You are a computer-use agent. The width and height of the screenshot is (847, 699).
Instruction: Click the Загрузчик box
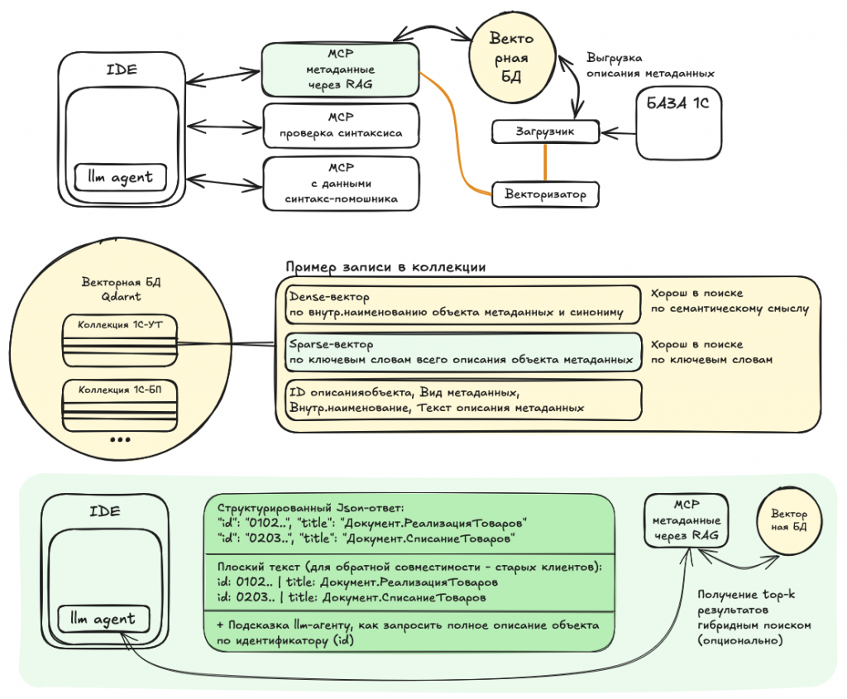(x=546, y=132)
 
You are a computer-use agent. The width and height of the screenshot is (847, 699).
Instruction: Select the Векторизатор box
(x=546, y=194)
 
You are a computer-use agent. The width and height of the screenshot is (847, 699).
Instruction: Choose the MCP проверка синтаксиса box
(x=341, y=125)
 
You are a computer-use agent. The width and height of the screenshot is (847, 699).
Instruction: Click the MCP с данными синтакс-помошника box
(x=341, y=183)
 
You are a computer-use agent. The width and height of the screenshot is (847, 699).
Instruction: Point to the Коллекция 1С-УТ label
(x=119, y=324)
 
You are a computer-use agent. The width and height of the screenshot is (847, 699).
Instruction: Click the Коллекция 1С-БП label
(x=119, y=390)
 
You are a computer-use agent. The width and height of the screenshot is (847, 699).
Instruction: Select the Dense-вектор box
(x=463, y=304)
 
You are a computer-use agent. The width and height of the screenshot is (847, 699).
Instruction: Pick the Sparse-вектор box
(x=463, y=352)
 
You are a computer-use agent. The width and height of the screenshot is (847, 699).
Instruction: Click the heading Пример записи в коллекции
(x=385, y=267)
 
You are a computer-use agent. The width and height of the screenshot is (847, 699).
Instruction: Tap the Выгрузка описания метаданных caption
(x=650, y=65)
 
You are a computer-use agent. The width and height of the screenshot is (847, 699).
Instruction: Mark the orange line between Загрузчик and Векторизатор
(x=545, y=163)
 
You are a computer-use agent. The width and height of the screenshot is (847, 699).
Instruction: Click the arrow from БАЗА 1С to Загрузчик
(x=618, y=132)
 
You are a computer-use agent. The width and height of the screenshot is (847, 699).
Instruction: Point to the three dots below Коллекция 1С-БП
(x=120, y=439)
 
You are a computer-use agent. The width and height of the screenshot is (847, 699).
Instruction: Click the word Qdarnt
(x=121, y=297)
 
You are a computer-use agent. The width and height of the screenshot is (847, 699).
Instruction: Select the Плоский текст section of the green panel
(x=409, y=582)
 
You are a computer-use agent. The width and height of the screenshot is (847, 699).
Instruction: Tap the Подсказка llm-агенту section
(x=409, y=632)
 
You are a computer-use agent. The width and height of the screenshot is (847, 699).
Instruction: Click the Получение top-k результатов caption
(x=754, y=617)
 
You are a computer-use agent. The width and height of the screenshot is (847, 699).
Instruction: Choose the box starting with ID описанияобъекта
(x=463, y=400)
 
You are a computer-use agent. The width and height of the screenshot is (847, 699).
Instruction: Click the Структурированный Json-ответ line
(x=311, y=508)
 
